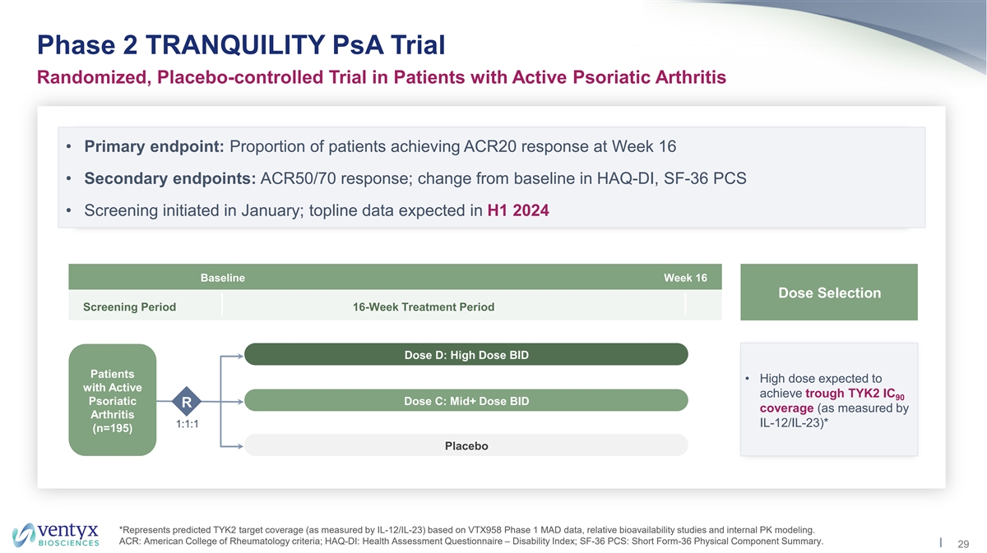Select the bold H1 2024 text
tap(518, 210)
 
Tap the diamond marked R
tap(187, 402)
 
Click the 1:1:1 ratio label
tap(188, 424)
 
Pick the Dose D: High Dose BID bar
tap(466, 354)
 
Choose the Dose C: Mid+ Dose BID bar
tap(466, 401)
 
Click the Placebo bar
tap(466, 445)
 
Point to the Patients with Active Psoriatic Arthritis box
tap(113, 400)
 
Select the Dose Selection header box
tap(829, 293)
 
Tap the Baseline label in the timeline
tap(223, 278)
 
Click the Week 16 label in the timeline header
tap(685, 278)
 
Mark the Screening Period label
tap(130, 306)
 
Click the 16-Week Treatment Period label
tap(424, 306)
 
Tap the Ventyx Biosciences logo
tap(56, 534)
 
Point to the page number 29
tap(963, 544)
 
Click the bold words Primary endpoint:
tap(155, 146)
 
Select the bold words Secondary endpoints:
tap(170, 179)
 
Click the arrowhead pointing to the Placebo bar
tap(240, 446)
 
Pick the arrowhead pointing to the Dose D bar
tap(240, 356)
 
